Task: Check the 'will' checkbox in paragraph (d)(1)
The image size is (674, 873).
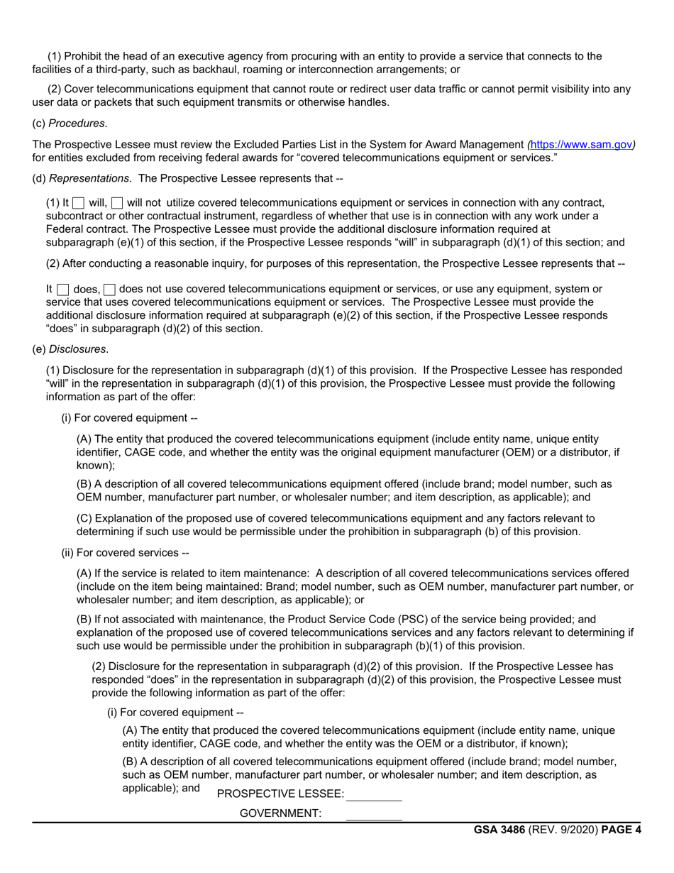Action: [78, 203]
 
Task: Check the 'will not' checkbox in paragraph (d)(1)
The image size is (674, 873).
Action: [117, 203]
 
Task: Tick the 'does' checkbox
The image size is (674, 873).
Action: [62, 290]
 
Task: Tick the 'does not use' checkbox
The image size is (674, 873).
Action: [109, 290]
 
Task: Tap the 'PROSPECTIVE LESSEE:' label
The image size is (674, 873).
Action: [280, 794]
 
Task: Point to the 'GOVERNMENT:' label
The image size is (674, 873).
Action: [281, 813]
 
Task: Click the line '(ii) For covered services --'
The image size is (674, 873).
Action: [126, 553]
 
